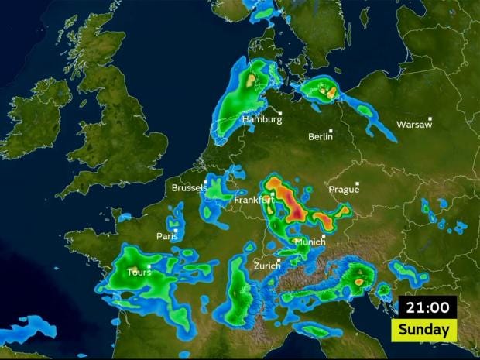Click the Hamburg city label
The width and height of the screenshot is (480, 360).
pyautogui.click(x=261, y=120)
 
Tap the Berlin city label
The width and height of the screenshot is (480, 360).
pyautogui.click(x=320, y=137)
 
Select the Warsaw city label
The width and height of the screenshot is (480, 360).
pyautogui.click(x=413, y=125)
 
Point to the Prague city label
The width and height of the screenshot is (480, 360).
pyautogui.click(x=344, y=190)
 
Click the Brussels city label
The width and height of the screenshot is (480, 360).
pyautogui.click(x=189, y=188)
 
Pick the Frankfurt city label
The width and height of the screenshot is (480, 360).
pyautogui.click(x=254, y=201)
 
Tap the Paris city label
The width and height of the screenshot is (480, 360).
pyautogui.click(x=166, y=237)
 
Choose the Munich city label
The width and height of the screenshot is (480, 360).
pyautogui.click(x=310, y=242)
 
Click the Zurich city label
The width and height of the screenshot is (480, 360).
pyautogui.click(x=267, y=266)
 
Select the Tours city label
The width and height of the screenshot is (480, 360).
pyautogui.click(x=139, y=273)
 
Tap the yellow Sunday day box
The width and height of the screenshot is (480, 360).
pyautogui.click(x=425, y=330)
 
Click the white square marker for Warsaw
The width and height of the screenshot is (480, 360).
pyautogui.click(x=430, y=118)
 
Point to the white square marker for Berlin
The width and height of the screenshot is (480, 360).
pyautogui.click(x=331, y=131)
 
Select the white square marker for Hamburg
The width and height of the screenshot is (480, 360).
pyautogui.click(x=281, y=115)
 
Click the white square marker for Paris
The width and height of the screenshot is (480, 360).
pyautogui.click(x=176, y=230)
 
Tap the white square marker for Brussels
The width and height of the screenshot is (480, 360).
pyautogui.click(x=205, y=182)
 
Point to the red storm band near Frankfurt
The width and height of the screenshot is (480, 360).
pyautogui.click(x=298, y=205)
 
